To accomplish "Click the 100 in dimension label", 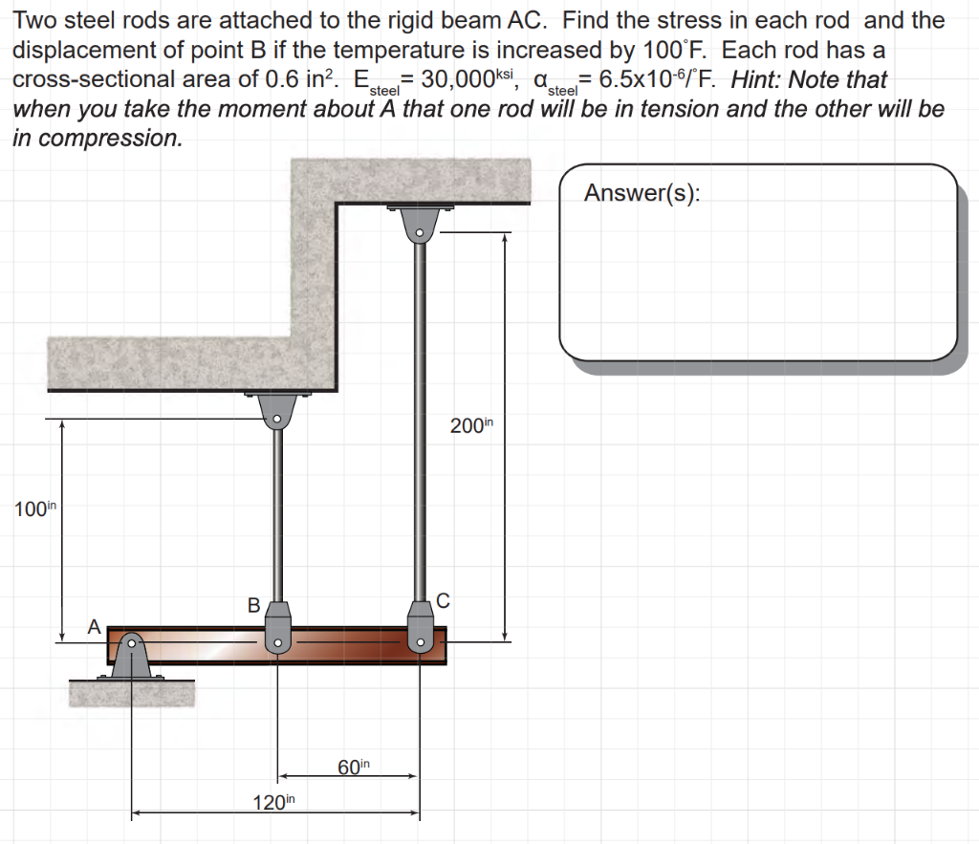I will click(32, 509).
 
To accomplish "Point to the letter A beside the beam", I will click(94, 627).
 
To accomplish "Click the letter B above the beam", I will click(253, 605).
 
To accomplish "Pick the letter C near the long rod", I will click(442, 600).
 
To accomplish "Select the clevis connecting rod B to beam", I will click(277, 627).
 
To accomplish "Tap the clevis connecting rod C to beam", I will click(419, 627).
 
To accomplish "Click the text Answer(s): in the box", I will click(642, 193).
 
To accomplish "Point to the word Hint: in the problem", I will click(758, 79).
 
